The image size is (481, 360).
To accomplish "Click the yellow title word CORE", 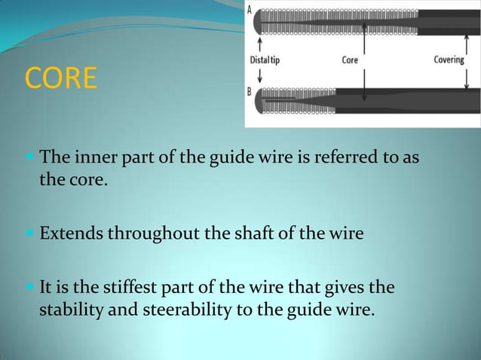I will (x=61, y=78).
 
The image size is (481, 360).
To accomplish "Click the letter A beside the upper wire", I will (x=250, y=10).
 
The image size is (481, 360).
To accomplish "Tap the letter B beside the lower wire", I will (x=250, y=91).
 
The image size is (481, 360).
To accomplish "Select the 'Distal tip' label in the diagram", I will (x=265, y=60).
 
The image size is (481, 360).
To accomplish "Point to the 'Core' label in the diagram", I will (x=350, y=60).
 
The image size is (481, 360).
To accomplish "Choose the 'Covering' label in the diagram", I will (x=449, y=60).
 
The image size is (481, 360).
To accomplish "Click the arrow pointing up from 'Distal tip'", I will (x=259, y=44).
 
